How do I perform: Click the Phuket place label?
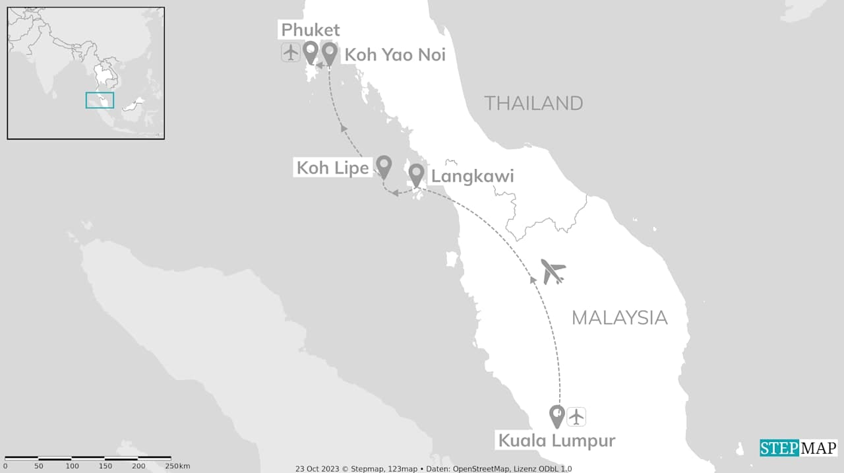click(311, 30)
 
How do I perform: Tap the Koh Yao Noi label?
click(395, 55)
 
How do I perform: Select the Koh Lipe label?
click(332, 168)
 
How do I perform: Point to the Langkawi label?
click(472, 177)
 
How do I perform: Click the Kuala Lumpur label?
click(557, 440)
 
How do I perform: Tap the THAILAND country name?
click(533, 104)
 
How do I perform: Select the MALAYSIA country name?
click(619, 318)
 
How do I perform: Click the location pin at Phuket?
click(311, 51)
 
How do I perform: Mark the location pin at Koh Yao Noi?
click(329, 51)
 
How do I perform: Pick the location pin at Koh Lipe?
click(383, 166)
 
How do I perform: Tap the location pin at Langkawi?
click(416, 174)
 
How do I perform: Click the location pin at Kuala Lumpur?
click(557, 415)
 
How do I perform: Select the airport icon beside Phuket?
click(291, 51)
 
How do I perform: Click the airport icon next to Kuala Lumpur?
click(576, 416)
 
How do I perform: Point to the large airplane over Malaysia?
click(553, 271)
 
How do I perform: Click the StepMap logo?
click(799, 448)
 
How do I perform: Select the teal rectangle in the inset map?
click(100, 100)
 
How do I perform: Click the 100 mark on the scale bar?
click(71, 466)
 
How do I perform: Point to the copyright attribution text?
click(433, 468)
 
